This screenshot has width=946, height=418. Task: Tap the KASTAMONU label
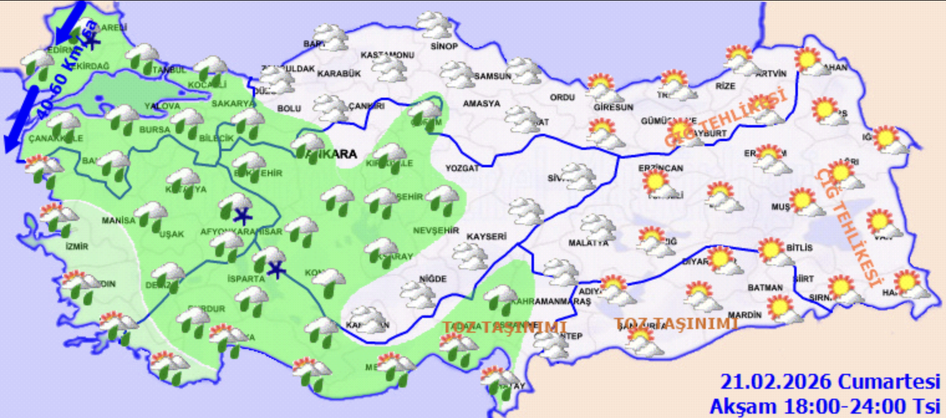tap(387, 55)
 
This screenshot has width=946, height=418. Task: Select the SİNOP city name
tap(444, 47)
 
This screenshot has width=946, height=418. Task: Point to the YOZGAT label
tap(462, 168)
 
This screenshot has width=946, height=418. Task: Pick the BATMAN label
tap(765, 288)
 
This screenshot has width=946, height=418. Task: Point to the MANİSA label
tap(118, 220)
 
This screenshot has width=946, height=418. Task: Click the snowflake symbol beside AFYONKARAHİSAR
tap(242, 217)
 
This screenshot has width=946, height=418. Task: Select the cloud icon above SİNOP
tap(434, 24)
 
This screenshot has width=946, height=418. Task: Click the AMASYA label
tap(481, 104)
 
